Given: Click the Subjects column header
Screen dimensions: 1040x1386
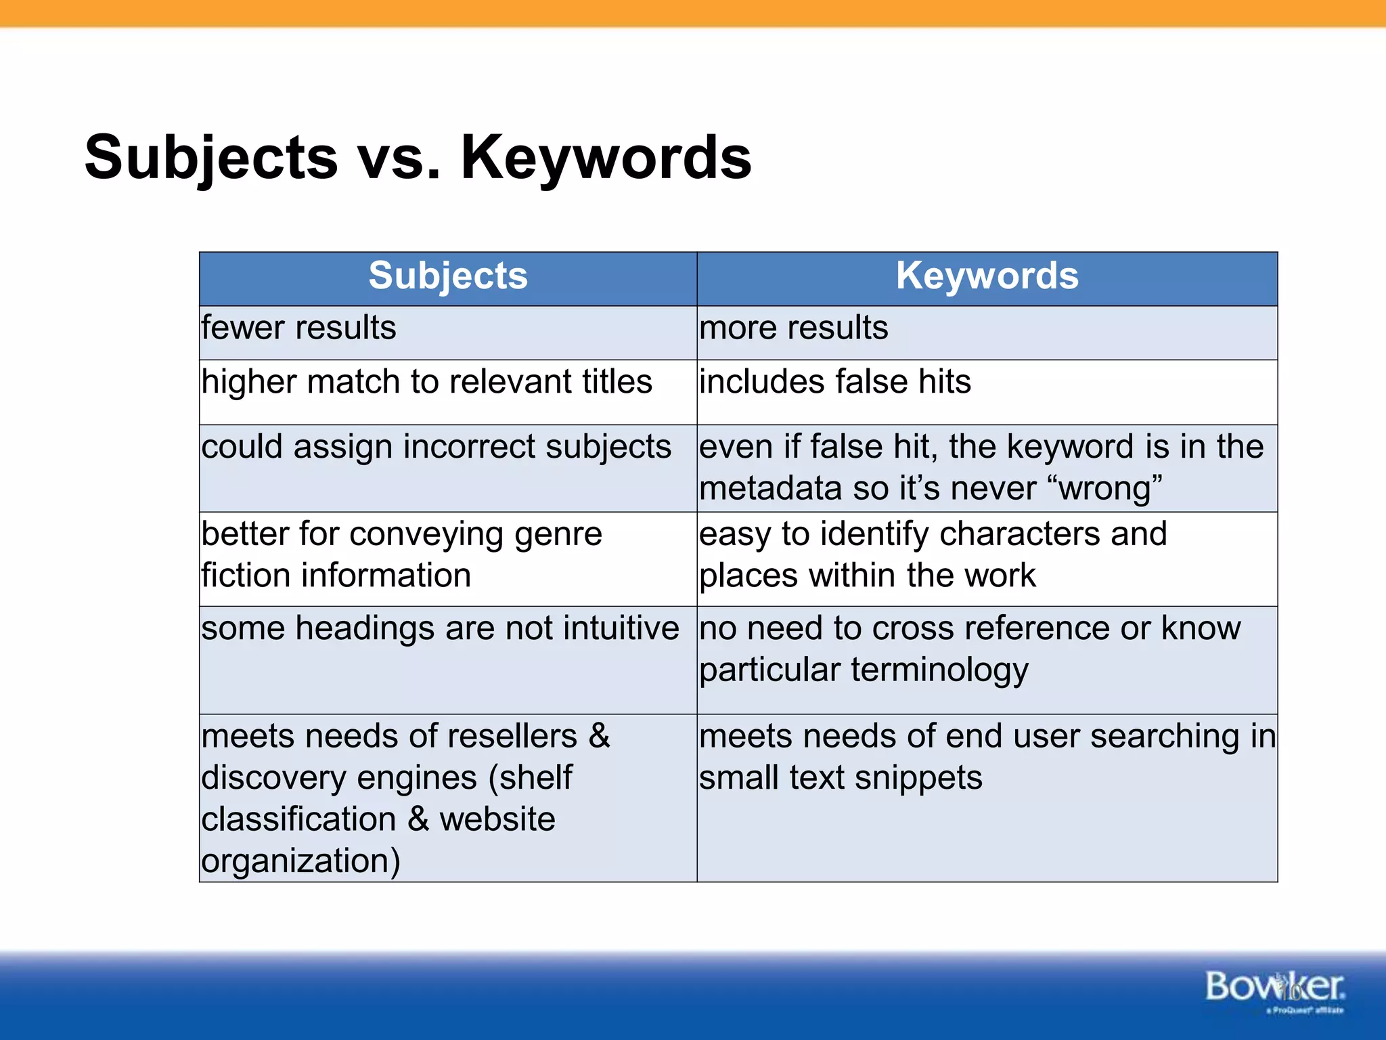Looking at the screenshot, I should coord(447,276).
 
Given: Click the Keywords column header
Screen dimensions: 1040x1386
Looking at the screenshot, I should coord(987,276).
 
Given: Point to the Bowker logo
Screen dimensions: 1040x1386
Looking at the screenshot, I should coord(1274,988).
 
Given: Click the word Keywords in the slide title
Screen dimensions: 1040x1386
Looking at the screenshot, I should coord(606,158).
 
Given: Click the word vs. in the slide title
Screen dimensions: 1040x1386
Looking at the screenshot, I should coord(399,158).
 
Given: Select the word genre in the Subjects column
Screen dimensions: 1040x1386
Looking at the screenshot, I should coord(558,535).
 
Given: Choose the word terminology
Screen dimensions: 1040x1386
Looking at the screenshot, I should coord(939,671).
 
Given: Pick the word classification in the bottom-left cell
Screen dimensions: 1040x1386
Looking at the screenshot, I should coord(298,820).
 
